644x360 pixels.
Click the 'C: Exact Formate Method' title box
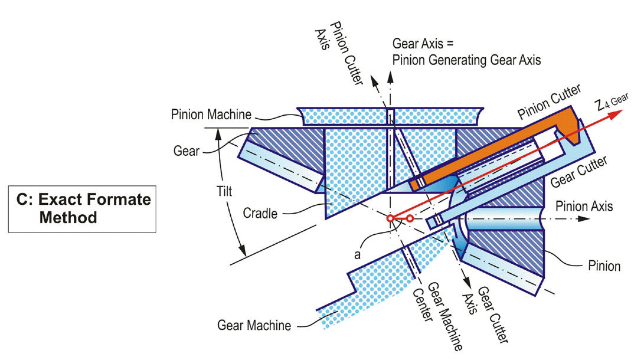click(82, 209)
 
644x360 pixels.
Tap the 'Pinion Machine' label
click(211, 114)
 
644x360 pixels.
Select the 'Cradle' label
click(260, 214)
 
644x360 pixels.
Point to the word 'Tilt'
click(224, 191)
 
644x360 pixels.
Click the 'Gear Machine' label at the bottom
click(254, 326)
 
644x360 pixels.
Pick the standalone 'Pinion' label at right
click(604, 266)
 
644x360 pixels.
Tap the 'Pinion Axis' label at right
click(584, 206)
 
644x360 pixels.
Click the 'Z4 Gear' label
click(612, 102)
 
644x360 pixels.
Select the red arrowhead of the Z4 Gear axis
click(615, 114)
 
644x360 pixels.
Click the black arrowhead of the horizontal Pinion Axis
click(584, 219)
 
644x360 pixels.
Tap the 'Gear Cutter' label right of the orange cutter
click(578, 172)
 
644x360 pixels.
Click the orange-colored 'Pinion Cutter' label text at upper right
click(549, 102)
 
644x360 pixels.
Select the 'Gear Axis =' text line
click(423, 44)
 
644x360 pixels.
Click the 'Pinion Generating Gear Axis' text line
click(466, 60)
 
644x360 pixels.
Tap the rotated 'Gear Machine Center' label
click(437, 315)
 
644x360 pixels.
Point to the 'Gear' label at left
click(186, 151)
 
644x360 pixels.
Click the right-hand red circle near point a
click(410, 219)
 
